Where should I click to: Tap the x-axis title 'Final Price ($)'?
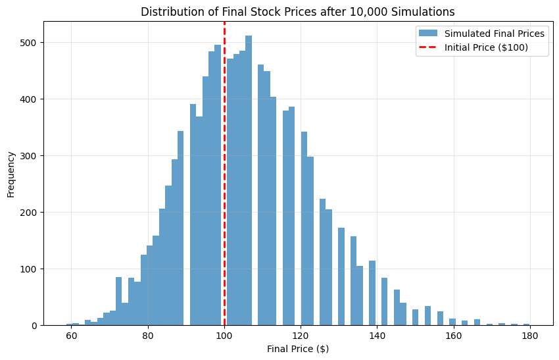[298, 349]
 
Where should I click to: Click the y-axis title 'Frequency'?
[11, 174]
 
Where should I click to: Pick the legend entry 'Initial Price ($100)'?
[486, 48]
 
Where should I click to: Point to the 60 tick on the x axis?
[72, 334]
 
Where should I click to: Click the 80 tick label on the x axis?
[148, 334]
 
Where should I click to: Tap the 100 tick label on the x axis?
[224, 334]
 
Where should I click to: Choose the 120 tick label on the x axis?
[301, 334]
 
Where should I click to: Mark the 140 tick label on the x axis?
[377, 334]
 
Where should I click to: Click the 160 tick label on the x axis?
[453, 334]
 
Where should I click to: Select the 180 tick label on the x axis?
[529, 334]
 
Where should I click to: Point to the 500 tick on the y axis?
[30, 43]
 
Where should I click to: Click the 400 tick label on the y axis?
[30, 99]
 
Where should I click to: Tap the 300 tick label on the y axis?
[30, 156]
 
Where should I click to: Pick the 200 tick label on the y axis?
[30, 213]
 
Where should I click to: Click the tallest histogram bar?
[249, 184]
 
